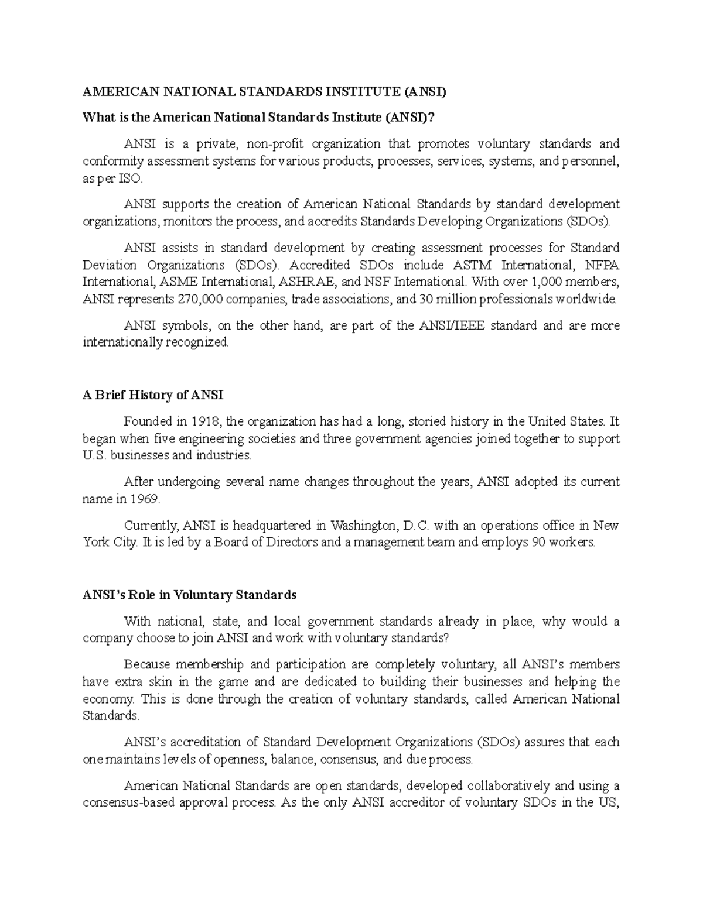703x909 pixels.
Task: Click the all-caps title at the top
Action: (264, 92)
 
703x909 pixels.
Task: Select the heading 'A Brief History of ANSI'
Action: (153, 395)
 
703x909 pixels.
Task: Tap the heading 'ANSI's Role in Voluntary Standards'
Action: (190, 595)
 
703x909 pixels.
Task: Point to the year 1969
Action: (143, 499)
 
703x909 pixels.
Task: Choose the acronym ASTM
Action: (469, 265)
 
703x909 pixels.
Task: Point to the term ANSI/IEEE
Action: (452, 325)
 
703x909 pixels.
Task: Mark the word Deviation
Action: (108, 265)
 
